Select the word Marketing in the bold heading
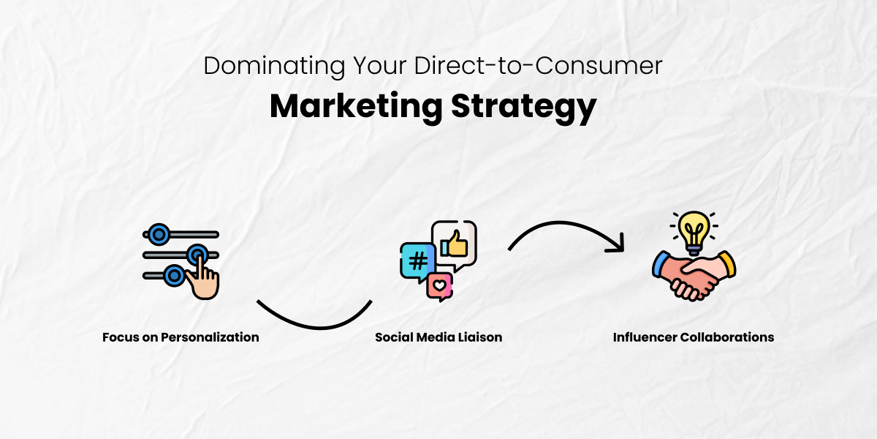click(355, 106)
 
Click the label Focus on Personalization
click(181, 337)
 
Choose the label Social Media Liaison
click(438, 337)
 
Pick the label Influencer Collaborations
click(694, 337)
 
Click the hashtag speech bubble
click(417, 261)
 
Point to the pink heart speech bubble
click(440, 286)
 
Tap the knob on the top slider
click(157, 235)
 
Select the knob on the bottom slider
click(173, 275)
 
